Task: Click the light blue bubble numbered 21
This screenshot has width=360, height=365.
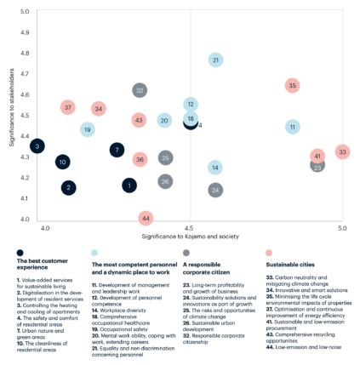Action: pos(216,60)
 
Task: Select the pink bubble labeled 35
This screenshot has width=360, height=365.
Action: pos(292,85)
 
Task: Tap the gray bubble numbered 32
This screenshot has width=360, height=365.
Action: pos(140,90)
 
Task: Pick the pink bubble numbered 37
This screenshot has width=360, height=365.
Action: pos(69,107)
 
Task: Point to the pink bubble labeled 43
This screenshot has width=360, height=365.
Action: pos(139,120)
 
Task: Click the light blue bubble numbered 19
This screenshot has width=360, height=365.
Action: pos(87,129)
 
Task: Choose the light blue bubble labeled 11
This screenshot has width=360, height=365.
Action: pos(292,126)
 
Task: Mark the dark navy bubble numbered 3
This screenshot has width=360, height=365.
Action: pos(37,146)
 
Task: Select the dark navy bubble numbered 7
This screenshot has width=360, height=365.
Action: pos(117,150)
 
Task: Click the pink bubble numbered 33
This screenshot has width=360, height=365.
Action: pos(342,151)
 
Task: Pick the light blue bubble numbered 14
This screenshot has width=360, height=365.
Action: pos(216,167)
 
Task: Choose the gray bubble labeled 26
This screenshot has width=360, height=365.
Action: pos(165,181)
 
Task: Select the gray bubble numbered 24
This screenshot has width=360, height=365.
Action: pos(216,190)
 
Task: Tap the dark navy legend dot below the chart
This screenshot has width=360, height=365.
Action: pos(20,253)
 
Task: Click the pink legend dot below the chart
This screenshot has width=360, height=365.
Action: pos(268,253)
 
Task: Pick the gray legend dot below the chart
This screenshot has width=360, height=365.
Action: pos(186,253)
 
